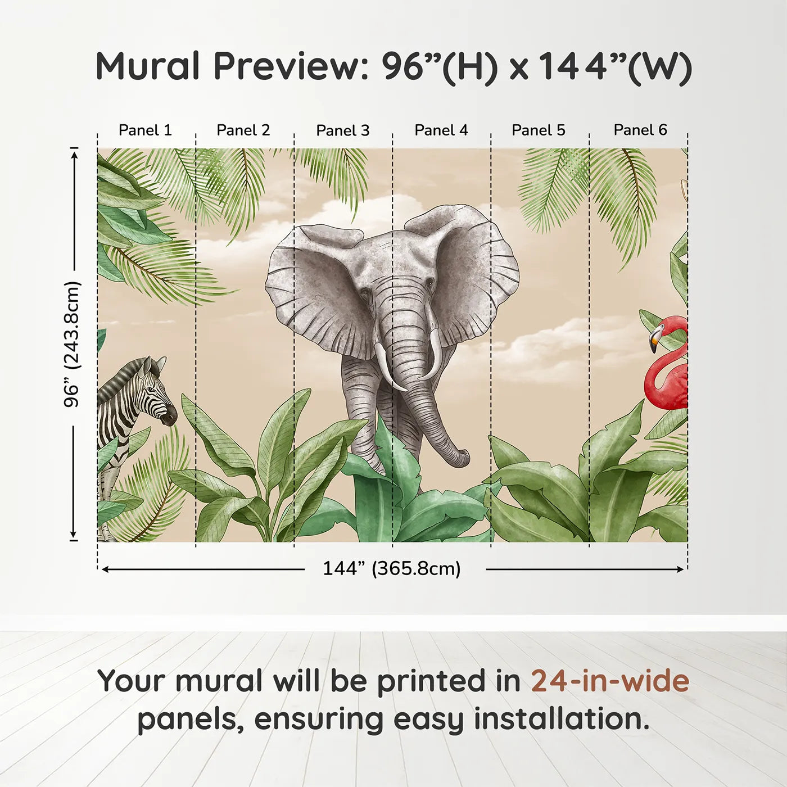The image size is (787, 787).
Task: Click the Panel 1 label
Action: [x=145, y=130]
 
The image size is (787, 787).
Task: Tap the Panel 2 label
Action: [x=243, y=130]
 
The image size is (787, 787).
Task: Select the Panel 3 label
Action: [x=342, y=130]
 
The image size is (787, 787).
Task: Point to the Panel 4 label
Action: [x=441, y=130]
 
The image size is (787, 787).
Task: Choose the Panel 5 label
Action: [x=538, y=130]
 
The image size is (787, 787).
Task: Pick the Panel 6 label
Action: [x=640, y=130]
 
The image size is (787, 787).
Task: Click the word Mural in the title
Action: [x=147, y=66]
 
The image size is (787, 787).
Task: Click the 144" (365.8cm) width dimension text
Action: [x=391, y=569]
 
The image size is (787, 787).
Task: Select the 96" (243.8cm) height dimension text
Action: [x=73, y=344]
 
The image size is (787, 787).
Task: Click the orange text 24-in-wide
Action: [x=610, y=681]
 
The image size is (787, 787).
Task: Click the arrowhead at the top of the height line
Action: [x=74, y=152]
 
